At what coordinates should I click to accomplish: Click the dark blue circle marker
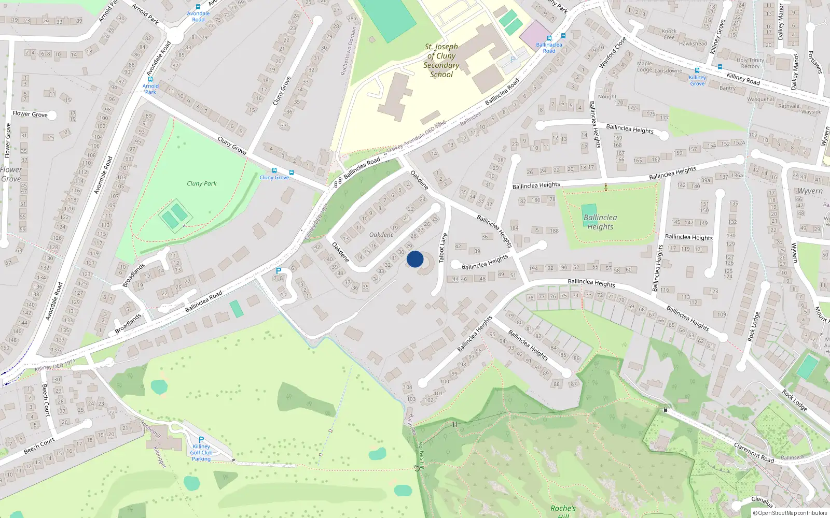(x=415, y=259)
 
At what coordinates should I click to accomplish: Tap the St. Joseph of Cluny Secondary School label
(x=441, y=61)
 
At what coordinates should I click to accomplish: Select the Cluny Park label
(x=202, y=183)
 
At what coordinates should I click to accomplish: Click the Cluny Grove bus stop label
(x=274, y=177)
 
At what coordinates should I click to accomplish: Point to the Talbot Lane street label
(x=442, y=248)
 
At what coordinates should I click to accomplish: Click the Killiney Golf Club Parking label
(x=201, y=452)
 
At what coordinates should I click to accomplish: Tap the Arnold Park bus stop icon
(x=150, y=79)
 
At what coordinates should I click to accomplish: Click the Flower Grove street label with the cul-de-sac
(x=30, y=114)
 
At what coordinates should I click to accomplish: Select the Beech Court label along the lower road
(x=39, y=445)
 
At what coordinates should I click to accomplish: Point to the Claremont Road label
(x=754, y=452)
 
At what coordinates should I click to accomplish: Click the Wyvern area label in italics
(x=810, y=191)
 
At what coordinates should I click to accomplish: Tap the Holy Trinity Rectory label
(x=750, y=63)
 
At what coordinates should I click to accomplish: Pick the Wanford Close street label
(x=613, y=53)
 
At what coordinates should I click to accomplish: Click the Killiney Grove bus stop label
(x=697, y=80)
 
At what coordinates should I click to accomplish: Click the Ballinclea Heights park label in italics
(x=600, y=222)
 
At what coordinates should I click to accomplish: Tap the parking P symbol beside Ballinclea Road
(x=279, y=271)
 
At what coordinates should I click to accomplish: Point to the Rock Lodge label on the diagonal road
(x=795, y=400)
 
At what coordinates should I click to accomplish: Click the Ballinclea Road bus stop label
(x=549, y=48)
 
